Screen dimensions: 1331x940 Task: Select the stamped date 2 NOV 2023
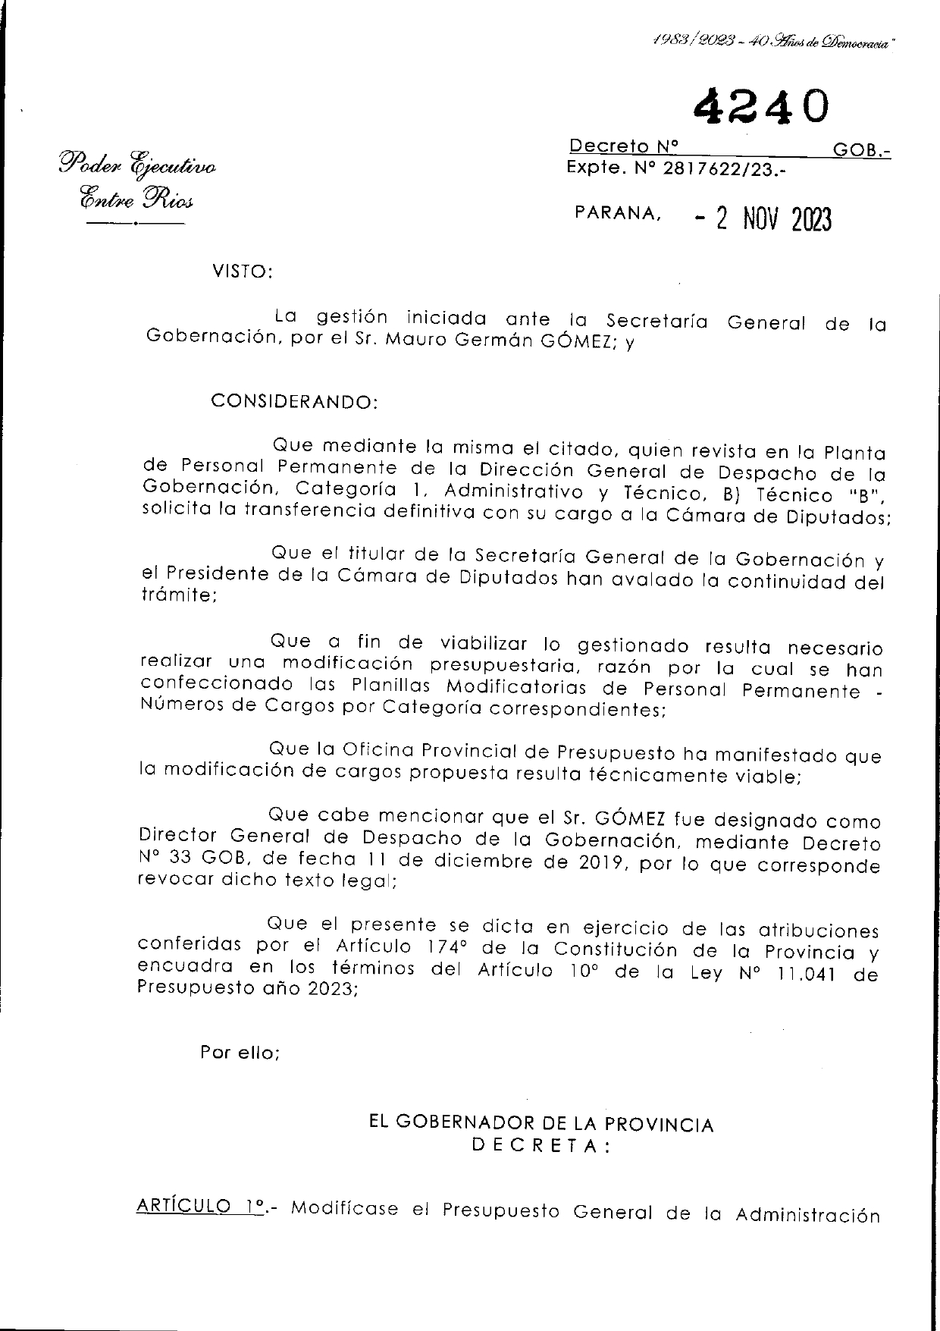click(763, 221)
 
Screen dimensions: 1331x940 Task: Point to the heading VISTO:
click(241, 272)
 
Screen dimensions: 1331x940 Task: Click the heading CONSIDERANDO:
click(293, 401)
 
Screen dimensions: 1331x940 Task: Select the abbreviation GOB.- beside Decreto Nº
click(861, 151)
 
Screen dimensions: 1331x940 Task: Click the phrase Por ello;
click(240, 1053)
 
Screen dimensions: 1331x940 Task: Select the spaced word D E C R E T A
click(540, 1147)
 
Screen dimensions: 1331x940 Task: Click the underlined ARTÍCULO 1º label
click(199, 1207)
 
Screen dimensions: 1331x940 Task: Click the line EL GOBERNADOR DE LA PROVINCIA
click(540, 1124)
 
